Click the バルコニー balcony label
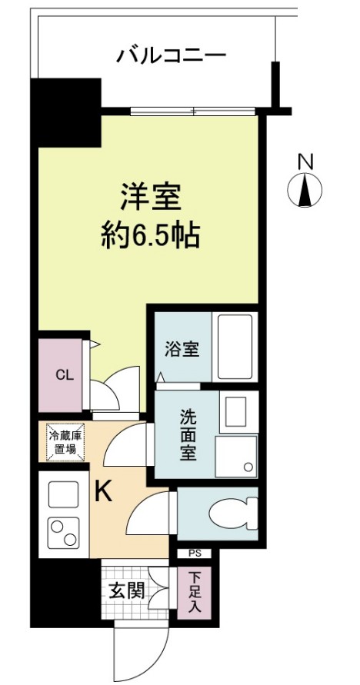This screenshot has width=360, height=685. click(x=171, y=56)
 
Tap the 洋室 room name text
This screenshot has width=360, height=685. click(x=150, y=197)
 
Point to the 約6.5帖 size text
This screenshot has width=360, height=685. click(x=151, y=235)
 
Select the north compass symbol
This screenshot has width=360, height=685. click(x=305, y=191)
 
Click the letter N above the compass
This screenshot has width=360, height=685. click(x=306, y=162)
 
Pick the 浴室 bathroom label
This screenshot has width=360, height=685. click(x=182, y=348)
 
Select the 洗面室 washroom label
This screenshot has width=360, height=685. click(x=188, y=435)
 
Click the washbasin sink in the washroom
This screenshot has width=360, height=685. click(x=237, y=411)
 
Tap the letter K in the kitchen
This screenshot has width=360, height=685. click(x=102, y=493)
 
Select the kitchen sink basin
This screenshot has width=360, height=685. click(x=62, y=494)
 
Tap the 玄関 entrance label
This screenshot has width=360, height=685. click(x=125, y=593)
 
